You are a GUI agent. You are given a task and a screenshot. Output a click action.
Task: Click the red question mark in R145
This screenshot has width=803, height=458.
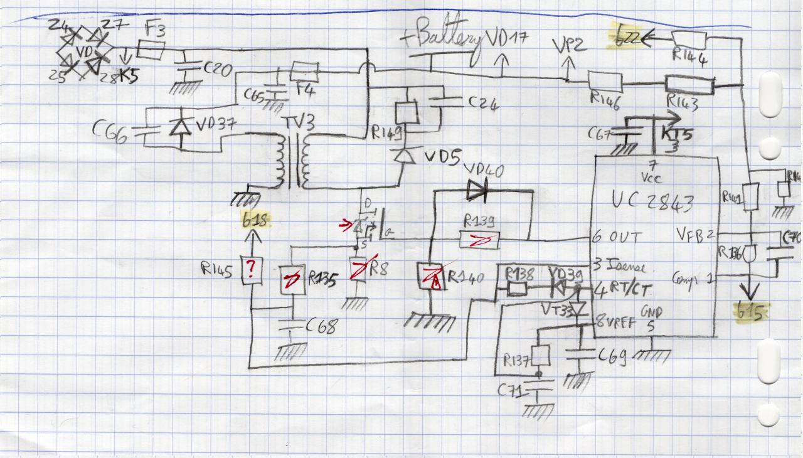[251, 270]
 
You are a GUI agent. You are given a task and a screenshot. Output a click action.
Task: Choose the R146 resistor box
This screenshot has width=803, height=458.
[605, 82]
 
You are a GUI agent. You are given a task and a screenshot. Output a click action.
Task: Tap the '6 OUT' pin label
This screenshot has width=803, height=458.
[619, 237]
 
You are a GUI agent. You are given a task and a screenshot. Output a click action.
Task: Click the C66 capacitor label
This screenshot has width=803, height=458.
[112, 132]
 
